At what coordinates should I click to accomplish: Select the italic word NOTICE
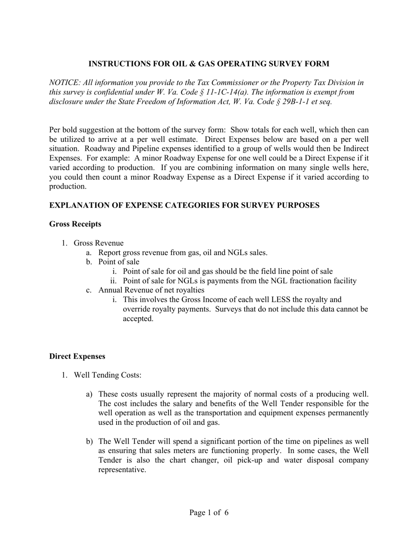click(x=63, y=83)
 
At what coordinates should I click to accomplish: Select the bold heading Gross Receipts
click(x=75, y=224)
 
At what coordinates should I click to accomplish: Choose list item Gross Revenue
click(x=99, y=243)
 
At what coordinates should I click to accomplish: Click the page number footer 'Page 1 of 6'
click(x=209, y=512)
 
